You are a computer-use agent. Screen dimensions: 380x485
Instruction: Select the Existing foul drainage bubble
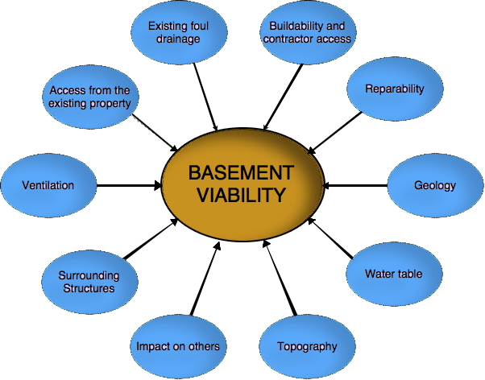(178, 33)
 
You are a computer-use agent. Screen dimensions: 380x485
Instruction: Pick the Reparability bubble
(394, 89)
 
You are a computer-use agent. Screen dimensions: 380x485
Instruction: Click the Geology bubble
(435, 186)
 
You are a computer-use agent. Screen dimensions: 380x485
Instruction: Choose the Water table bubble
(393, 275)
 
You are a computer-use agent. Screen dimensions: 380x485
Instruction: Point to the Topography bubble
(305, 347)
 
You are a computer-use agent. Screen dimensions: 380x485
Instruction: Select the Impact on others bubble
(177, 347)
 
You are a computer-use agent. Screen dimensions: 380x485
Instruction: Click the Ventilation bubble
(48, 186)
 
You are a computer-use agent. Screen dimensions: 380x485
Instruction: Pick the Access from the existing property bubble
(89, 97)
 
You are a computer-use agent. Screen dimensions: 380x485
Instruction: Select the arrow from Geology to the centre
(358, 186)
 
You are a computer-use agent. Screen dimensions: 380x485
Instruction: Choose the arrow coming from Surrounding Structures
(151, 239)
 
